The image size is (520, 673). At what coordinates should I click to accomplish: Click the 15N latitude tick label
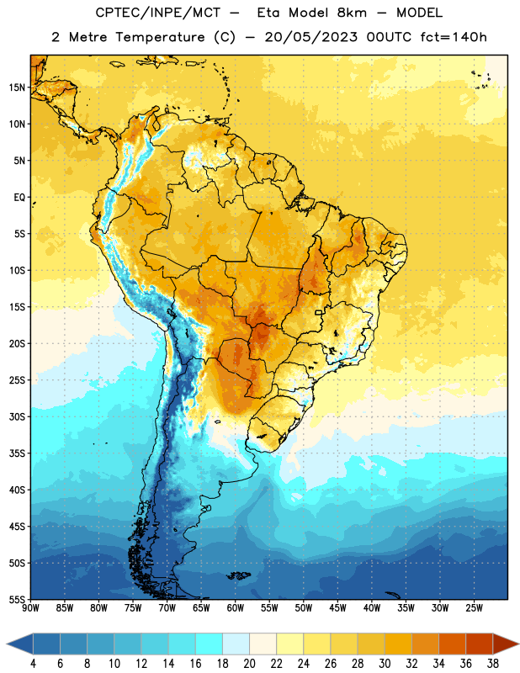pyautogui.click(x=17, y=87)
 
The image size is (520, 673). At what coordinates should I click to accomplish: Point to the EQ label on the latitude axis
pyautogui.click(x=19, y=198)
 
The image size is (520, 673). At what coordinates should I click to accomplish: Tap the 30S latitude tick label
pyautogui.click(x=17, y=416)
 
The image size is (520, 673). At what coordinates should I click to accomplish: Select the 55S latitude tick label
pyautogui.click(x=17, y=599)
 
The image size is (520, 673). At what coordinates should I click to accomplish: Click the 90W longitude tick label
pyautogui.click(x=30, y=608)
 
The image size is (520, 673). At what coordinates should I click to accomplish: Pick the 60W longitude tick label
pyautogui.click(x=236, y=608)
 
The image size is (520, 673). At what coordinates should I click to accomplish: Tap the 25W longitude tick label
pyautogui.click(x=474, y=608)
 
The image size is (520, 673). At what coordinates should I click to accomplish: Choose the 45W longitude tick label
pyautogui.click(x=337, y=608)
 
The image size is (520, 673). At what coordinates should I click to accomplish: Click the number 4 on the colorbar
pyautogui.click(x=33, y=664)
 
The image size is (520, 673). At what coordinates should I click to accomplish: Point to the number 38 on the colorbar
pyautogui.click(x=493, y=664)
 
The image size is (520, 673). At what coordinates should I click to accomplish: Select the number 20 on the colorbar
pyautogui.click(x=249, y=664)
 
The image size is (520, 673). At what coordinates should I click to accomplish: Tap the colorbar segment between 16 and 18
pyautogui.click(x=209, y=644)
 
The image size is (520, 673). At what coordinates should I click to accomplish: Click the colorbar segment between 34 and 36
pyautogui.click(x=452, y=644)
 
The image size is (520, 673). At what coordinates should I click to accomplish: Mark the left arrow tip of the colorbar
pyautogui.click(x=7, y=644)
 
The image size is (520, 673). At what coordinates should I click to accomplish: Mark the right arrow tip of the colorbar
pyautogui.click(x=518, y=644)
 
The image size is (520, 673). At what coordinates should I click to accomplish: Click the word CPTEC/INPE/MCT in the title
pyautogui.click(x=157, y=13)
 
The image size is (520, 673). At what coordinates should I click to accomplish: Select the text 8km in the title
pyautogui.click(x=352, y=13)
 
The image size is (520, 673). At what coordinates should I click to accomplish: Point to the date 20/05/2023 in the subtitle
pyautogui.click(x=310, y=37)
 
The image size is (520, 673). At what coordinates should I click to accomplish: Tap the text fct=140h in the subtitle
pyautogui.click(x=454, y=37)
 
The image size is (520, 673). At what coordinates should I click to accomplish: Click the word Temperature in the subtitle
pyautogui.click(x=160, y=38)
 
